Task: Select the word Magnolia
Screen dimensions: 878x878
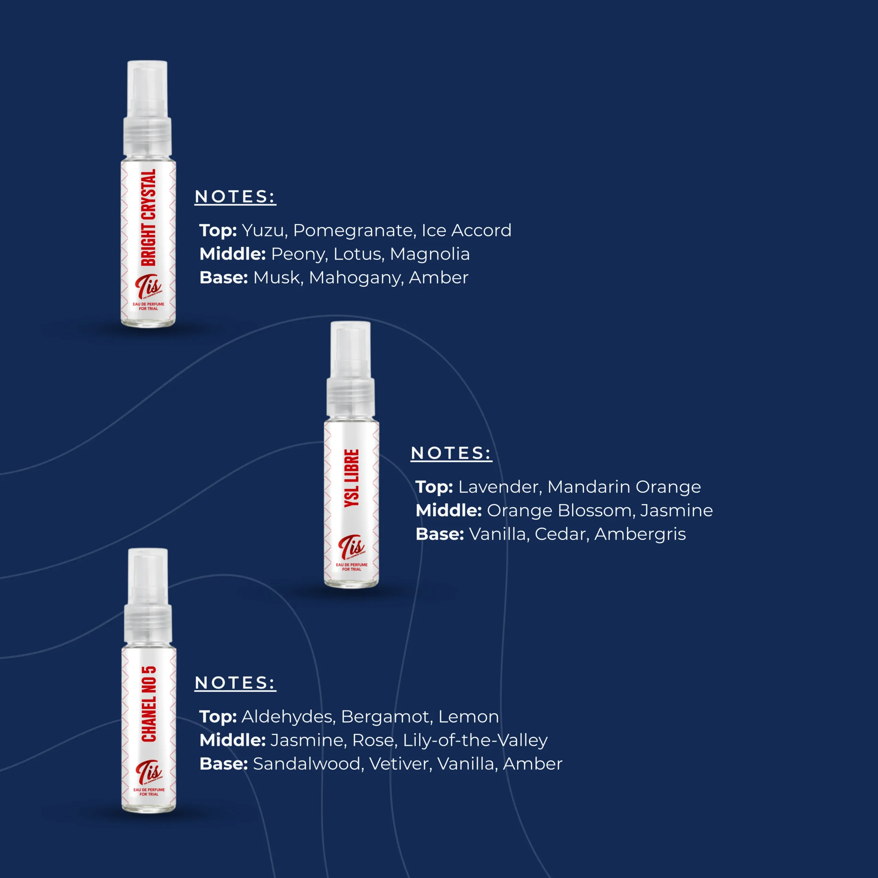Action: coord(429,254)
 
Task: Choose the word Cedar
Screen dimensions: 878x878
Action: coord(562,534)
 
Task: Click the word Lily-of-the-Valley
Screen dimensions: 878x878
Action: coord(475,741)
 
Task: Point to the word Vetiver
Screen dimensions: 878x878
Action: coord(400,764)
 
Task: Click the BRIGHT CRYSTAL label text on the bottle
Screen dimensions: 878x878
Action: coord(149,217)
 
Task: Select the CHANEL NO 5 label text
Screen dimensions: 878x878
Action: coord(149,704)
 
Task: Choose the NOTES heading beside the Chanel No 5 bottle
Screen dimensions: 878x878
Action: coord(235,683)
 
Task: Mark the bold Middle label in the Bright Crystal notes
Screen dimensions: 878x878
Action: coord(233,254)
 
